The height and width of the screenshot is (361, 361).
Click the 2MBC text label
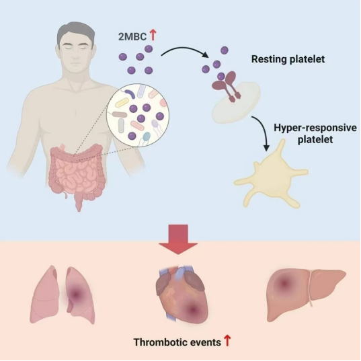click(132, 36)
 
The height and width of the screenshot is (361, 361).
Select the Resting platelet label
click(288, 59)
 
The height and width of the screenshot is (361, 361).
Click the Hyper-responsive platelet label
click(315, 134)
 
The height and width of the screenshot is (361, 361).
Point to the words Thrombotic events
click(177, 342)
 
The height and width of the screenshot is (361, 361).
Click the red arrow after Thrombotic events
click(227, 341)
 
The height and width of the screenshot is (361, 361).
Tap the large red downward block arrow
click(178, 240)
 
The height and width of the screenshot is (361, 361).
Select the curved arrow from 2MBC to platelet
click(184, 49)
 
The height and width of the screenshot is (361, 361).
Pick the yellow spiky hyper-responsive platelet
click(272, 175)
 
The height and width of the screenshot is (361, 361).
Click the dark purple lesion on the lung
click(75, 294)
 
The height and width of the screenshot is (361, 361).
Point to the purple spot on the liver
click(284, 283)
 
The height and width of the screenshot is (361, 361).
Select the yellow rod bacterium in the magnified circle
click(122, 102)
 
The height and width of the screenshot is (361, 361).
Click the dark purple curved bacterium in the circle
click(130, 93)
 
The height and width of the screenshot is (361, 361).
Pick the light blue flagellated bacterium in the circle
click(147, 136)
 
